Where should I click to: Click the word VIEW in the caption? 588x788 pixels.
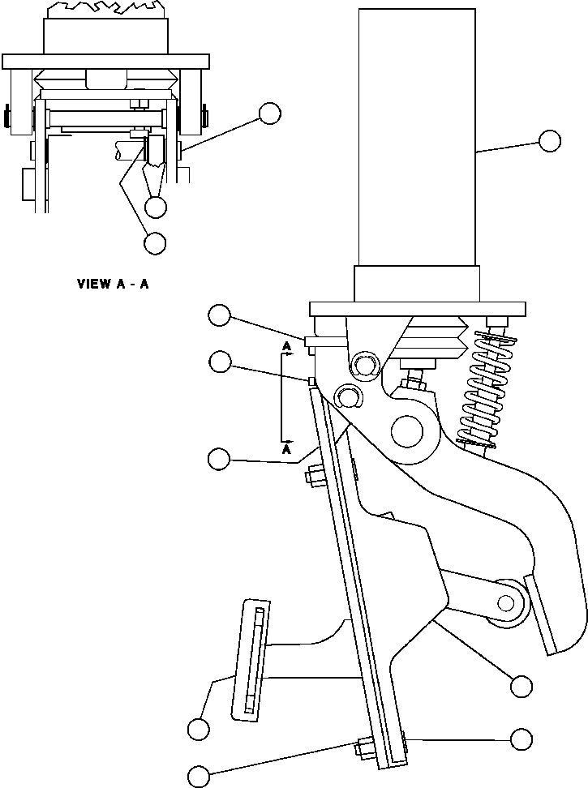click(94, 284)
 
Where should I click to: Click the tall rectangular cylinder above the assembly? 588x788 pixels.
click(416, 138)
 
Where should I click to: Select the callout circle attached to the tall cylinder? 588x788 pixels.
click(550, 140)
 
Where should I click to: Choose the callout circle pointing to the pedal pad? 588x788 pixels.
click(198, 729)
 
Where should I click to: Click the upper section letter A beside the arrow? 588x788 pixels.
click(286, 348)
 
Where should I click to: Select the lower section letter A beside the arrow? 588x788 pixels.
click(286, 448)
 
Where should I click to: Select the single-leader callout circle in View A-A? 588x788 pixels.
click(270, 113)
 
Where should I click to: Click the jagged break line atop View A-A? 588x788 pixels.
click(105, 9)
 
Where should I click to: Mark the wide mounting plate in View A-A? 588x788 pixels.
click(105, 62)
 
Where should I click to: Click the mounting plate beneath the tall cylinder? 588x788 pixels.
click(414, 308)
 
